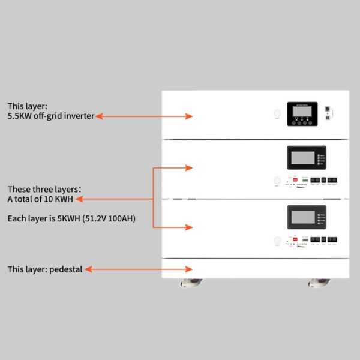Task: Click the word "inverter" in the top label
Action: click(79, 116)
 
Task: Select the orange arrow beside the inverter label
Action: click(144, 116)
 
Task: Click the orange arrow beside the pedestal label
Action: click(138, 269)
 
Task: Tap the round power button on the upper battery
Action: click(277, 181)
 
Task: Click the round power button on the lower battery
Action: click(277, 240)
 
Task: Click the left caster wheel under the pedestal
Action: click(188, 281)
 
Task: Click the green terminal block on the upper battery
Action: click(306, 179)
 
